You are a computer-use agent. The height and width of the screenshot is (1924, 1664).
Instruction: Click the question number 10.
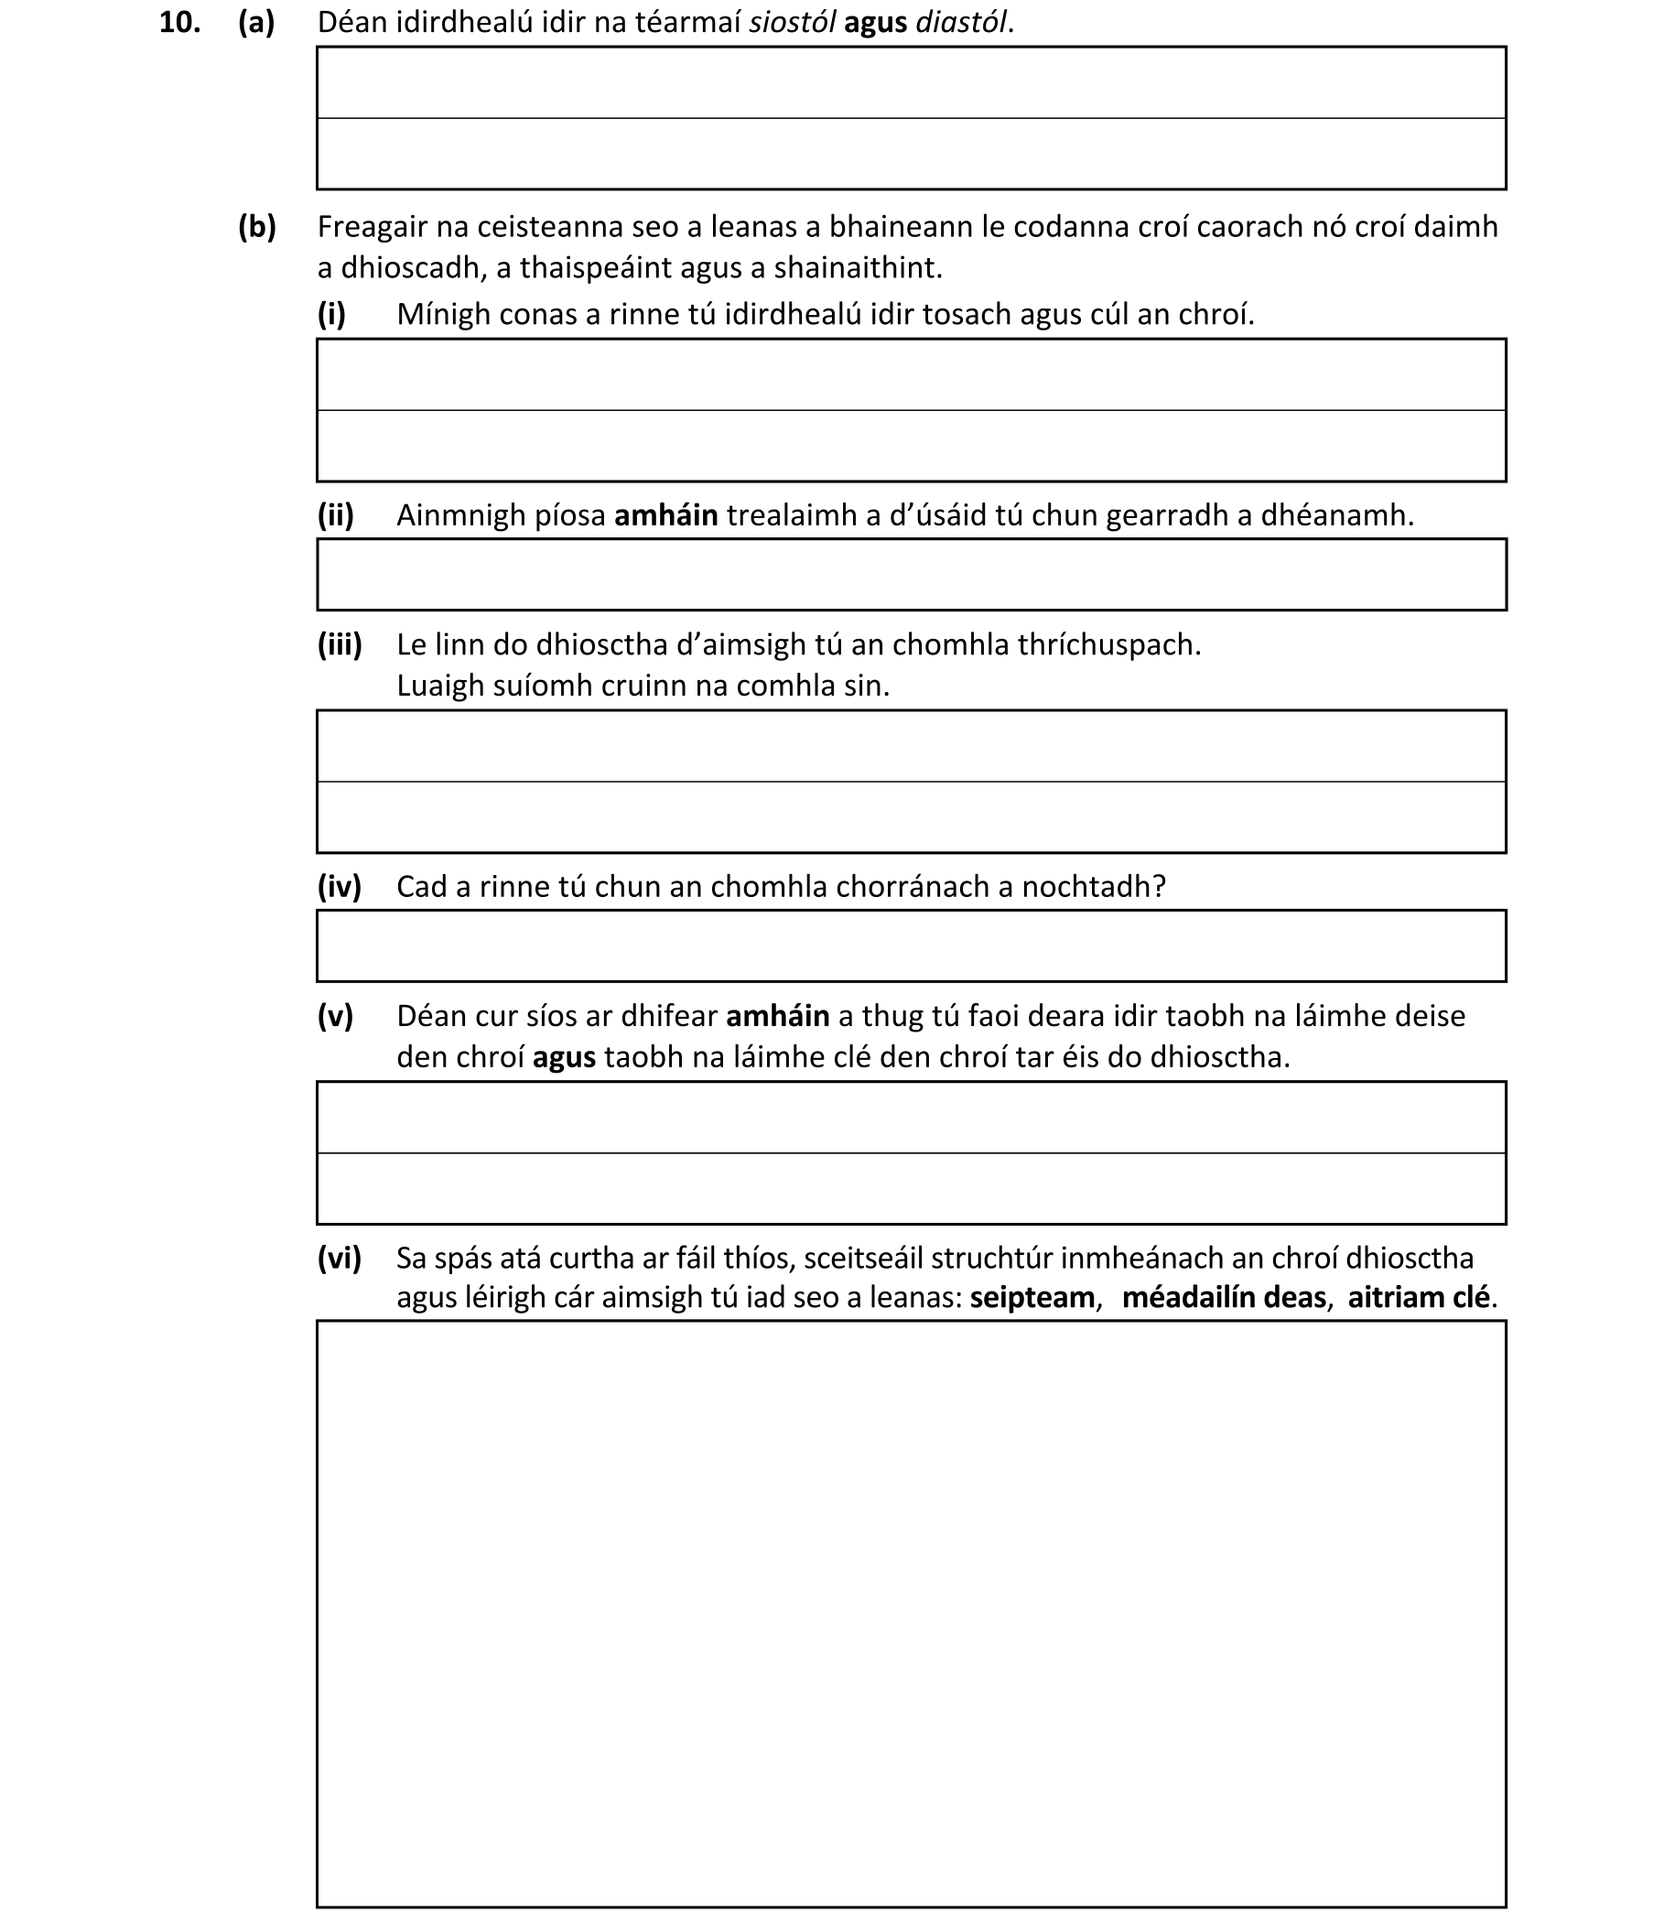(179, 23)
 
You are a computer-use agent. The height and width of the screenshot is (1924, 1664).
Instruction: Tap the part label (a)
(256, 23)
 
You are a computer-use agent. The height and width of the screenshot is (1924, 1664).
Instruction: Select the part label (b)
(257, 227)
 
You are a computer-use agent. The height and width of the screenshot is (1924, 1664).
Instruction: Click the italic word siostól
(792, 23)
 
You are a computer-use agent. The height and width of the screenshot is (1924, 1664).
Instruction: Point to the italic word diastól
(960, 23)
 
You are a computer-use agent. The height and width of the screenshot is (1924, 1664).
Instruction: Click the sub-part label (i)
(331, 315)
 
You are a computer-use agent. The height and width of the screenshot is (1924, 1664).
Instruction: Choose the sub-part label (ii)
(335, 515)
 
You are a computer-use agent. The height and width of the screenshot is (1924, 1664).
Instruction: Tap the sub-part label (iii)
(339, 644)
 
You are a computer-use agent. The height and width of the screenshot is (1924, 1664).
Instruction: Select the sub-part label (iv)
(339, 887)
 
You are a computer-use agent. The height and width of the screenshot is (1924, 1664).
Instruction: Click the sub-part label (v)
(335, 1016)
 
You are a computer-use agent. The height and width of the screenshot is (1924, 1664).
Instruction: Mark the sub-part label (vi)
(339, 1259)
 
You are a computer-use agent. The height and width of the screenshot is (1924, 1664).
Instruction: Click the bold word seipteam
(1032, 1297)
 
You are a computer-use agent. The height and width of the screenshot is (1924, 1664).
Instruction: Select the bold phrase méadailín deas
(1223, 1297)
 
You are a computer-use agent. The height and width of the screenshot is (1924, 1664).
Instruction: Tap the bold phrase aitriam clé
(1418, 1297)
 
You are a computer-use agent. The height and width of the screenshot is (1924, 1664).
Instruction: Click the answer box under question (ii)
(911, 575)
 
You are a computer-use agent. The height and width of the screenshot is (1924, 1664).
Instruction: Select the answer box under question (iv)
(911, 946)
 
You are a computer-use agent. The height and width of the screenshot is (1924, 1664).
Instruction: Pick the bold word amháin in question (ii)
(665, 515)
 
